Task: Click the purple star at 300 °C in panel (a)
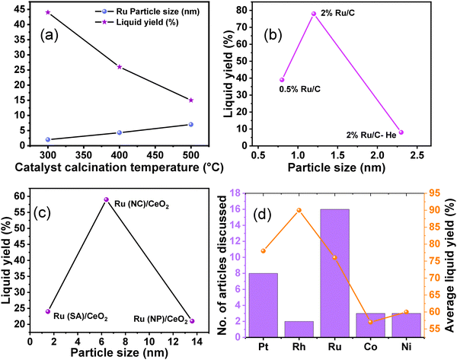click(x=47, y=12)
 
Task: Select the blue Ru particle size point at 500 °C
click(x=190, y=124)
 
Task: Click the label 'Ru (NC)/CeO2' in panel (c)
click(x=141, y=203)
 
